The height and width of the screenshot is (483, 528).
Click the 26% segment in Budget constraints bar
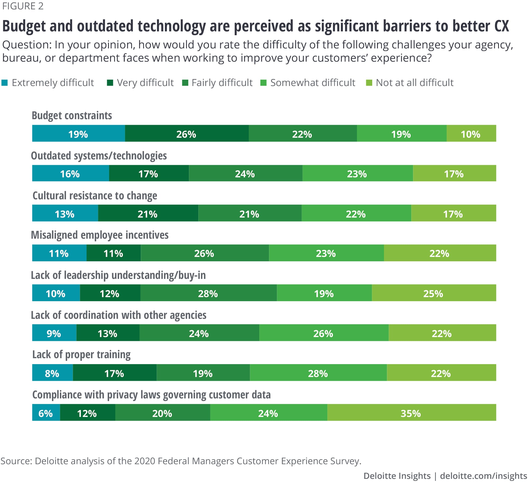pyautogui.click(x=186, y=133)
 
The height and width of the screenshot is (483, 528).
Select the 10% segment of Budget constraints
pyautogui.click(x=471, y=133)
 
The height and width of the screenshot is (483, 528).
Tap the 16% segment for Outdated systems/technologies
pyautogui.click(x=70, y=173)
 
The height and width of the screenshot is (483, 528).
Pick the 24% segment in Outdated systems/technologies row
pyautogui.click(x=245, y=173)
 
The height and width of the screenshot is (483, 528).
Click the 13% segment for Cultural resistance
pyautogui.click(x=65, y=213)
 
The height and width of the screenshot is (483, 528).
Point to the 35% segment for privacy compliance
pyautogui.click(x=411, y=412)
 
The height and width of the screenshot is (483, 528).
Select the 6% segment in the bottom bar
pyautogui.click(x=46, y=412)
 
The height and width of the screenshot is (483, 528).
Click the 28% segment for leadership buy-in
pyautogui.click(x=208, y=293)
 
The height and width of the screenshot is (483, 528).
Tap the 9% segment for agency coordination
pyautogui.click(x=54, y=333)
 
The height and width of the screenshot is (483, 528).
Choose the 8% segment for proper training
pyautogui.click(x=52, y=373)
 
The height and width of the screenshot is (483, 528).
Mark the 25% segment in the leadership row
pyautogui.click(x=433, y=293)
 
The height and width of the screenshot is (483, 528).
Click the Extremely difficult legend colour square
pyautogui.click(x=4, y=83)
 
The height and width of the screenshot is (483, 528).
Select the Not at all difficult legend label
pyautogui.click(x=414, y=83)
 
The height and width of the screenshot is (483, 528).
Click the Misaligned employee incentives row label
pyautogui.click(x=100, y=235)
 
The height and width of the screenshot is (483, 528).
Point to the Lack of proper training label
pyautogui.click(x=81, y=354)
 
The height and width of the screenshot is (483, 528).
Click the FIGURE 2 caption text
pyautogui.click(x=23, y=6)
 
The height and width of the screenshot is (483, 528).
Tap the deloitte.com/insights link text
pyautogui.click(x=483, y=475)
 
